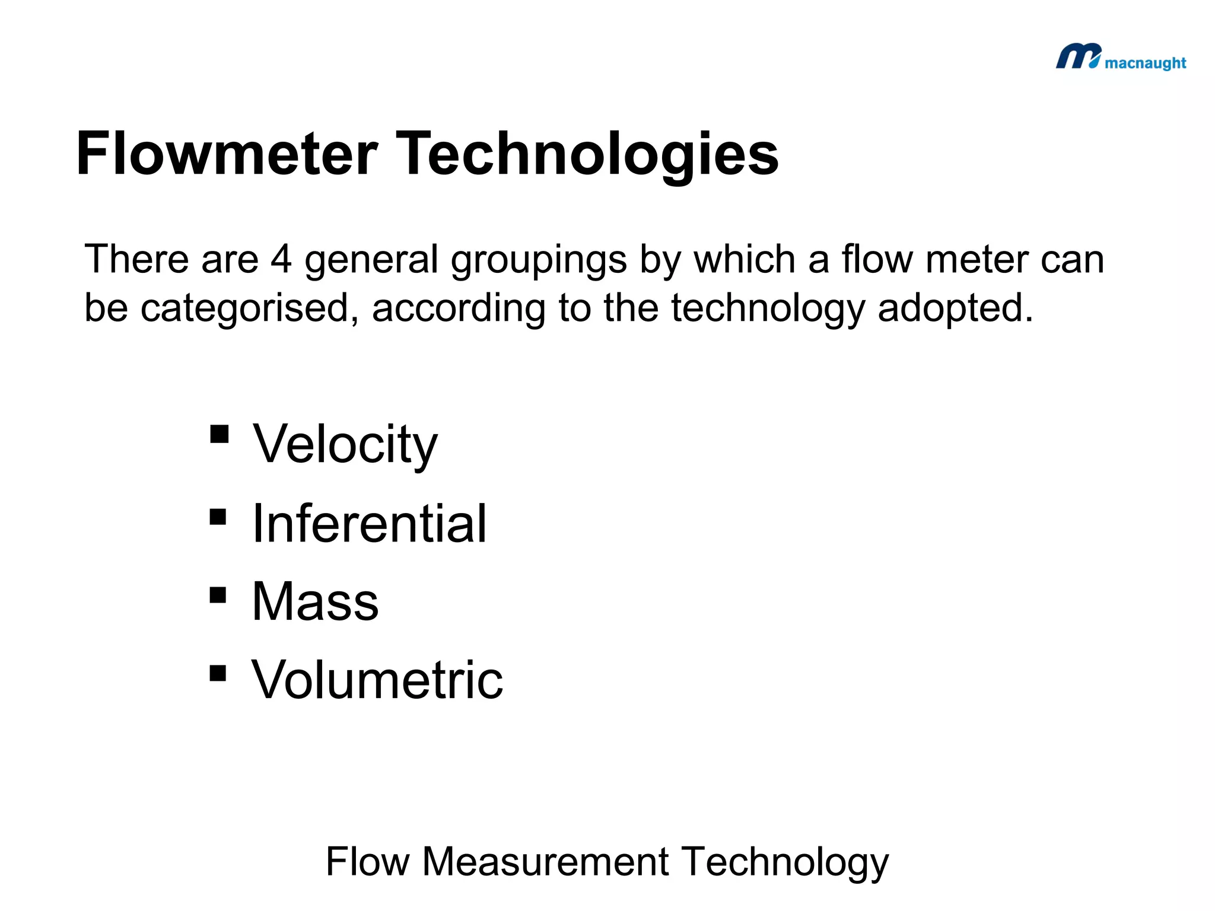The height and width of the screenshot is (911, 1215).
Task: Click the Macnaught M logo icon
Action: click(x=1078, y=57)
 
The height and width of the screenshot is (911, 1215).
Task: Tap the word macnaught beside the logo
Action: click(x=1145, y=63)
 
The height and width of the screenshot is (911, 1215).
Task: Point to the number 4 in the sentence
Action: click(x=281, y=259)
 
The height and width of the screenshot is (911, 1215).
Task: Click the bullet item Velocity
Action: click(x=345, y=445)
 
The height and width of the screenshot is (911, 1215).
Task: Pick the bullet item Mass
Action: click(x=315, y=601)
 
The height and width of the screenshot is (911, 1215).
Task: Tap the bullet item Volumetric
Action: click(x=377, y=680)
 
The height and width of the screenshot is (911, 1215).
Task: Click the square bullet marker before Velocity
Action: click(x=219, y=434)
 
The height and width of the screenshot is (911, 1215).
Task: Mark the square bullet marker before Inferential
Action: click(x=218, y=517)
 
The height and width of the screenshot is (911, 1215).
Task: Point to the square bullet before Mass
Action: click(x=218, y=595)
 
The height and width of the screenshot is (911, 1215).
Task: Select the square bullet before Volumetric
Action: click(x=218, y=673)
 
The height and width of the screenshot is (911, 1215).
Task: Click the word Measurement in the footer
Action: click(x=545, y=861)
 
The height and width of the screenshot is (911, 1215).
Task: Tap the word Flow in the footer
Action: click(x=368, y=861)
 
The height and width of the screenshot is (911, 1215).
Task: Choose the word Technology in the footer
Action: click(x=784, y=862)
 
